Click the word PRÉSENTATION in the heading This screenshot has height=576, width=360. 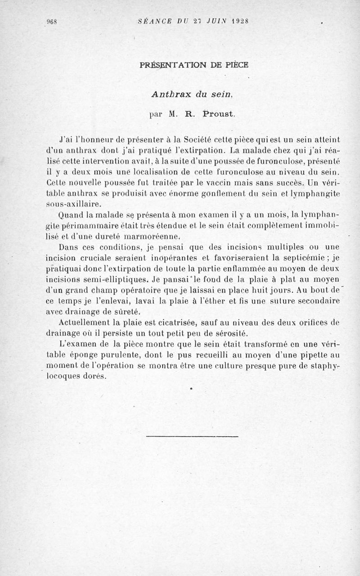coord(170,64)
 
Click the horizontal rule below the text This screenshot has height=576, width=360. coord(192,436)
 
